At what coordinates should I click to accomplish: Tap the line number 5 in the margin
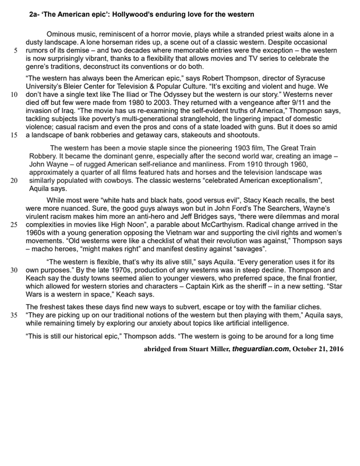coord(14,51)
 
